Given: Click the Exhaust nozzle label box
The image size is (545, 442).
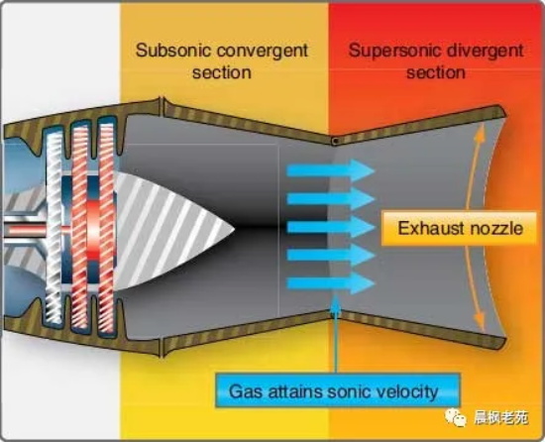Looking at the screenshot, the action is click(460, 228).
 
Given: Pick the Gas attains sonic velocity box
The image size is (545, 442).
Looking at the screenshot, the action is click(338, 390).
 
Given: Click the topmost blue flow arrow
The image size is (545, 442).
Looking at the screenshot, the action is click(331, 170).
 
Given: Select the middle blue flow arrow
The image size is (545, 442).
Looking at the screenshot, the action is click(331, 227).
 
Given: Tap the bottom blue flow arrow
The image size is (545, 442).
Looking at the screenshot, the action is click(331, 283).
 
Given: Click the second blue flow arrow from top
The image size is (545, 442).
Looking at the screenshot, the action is click(331, 199).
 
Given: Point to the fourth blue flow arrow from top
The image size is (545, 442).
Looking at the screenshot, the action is click(331, 256).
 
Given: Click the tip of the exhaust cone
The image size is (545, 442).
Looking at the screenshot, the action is click(235, 229).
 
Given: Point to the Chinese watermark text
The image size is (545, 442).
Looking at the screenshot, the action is click(500, 417).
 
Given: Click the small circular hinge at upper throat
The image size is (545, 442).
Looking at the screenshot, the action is click(335, 141).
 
